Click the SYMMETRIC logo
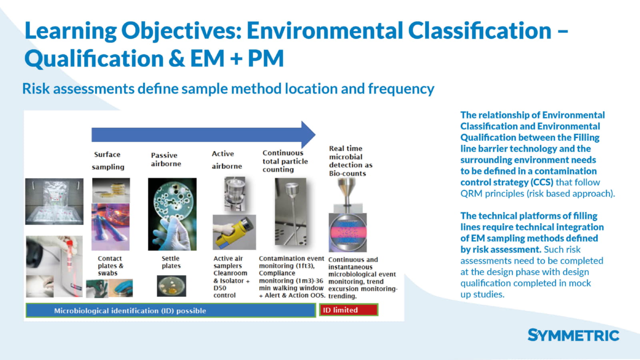[x=573, y=335]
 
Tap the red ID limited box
[x=348, y=310]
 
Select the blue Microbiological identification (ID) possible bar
[x=171, y=310]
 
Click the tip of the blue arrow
[x=316, y=134]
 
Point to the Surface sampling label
[x=108, y=160]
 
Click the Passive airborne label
[x=166, y=160]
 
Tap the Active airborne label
[x=227, y=160]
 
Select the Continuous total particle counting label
[x=285, y=161]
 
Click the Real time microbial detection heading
[x=350, y=161]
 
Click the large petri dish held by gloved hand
[x=172, y=214]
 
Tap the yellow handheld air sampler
[x=234, y=232]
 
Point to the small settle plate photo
[x=172, y=286]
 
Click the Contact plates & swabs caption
[x=110, y=266]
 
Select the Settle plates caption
[x=171, y=262]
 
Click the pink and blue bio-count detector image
[x=348, y=232]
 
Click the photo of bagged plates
[x=54, y=202]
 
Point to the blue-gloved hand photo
[x=121, y=288]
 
